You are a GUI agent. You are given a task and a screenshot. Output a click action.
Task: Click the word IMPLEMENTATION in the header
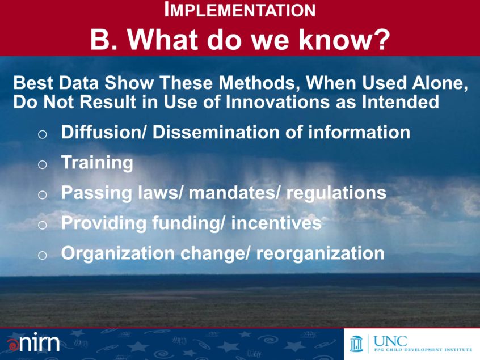[240, 10]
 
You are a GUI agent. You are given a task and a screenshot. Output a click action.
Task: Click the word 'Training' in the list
[97, 163]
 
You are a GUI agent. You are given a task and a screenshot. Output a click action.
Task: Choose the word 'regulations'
[336, 193]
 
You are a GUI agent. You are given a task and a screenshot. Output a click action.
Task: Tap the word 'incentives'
[276, 223]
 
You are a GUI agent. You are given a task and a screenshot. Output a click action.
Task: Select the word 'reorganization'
[320, 253]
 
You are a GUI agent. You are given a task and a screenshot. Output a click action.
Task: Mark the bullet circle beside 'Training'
[42, 164]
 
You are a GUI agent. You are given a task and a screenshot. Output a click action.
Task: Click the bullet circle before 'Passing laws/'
[42, 194]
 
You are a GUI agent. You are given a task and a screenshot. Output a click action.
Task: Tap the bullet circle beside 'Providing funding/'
[42, 225]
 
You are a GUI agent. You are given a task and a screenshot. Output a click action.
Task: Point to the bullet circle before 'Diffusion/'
[42, 134]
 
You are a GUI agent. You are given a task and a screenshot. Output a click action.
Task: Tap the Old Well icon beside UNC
[357, 344]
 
